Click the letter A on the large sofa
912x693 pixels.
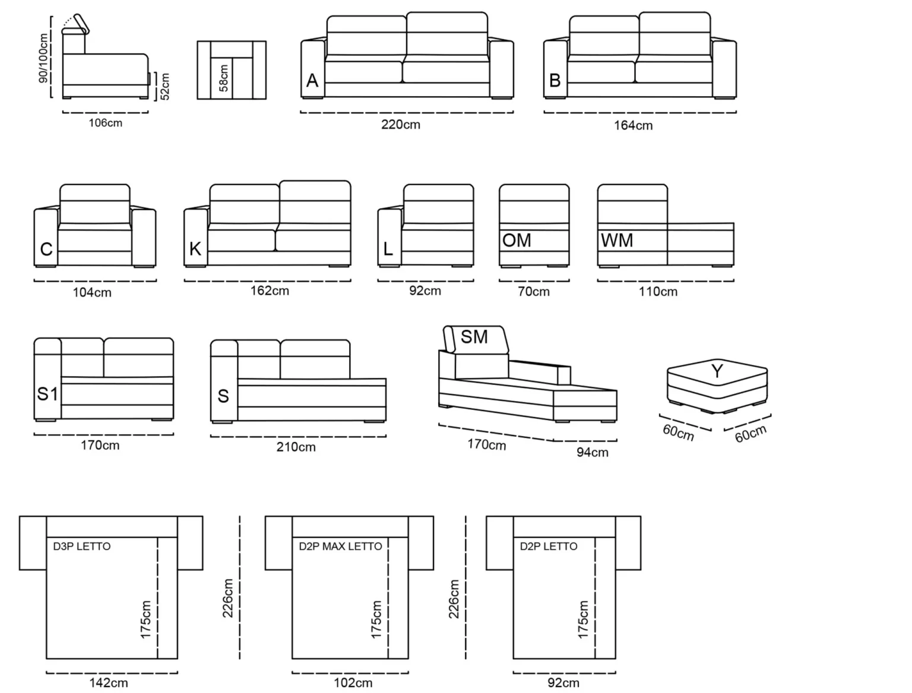[x=312, y=81]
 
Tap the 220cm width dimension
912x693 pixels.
[x=401, y=125]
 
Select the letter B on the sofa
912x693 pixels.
[x=555, y=81]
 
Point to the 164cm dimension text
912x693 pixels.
[x=633, y=125]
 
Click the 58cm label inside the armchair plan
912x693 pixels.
[x=223, y=78]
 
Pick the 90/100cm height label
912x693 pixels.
[x=43, y=58]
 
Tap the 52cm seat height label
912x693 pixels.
[x=165, y=87]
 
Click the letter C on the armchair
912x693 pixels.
[x=46, y=249]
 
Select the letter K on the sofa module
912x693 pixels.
[x=195, y=249]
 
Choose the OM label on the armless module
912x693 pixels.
[x=517, y=240]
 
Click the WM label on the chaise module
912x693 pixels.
[x=616, y=240]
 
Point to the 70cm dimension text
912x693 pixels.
[x=534, y=291]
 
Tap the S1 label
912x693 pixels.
[x=47, y=394]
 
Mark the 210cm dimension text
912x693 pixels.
[x=296, y=447]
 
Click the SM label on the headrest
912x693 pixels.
[x=474, y=337]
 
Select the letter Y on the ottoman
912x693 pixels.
[x=717, y=371]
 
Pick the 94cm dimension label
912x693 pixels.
[x=592, y=452]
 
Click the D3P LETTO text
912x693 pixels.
[x=82, y=546]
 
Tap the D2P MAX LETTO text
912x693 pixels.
[x=340, y=546]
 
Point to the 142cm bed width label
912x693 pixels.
[x=109, y=683]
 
